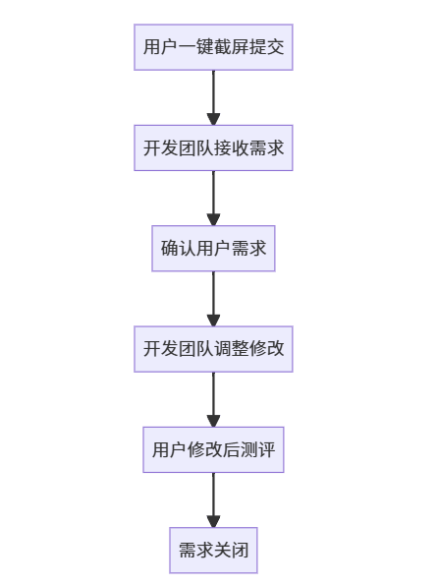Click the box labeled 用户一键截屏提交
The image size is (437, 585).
coord(213,47)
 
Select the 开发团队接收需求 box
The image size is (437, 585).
coord(213,147)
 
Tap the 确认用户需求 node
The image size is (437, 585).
coord(213,248)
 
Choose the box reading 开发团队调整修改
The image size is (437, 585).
coord(213,348)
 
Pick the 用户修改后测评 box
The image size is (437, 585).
coord(213,449)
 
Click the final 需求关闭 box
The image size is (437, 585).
coord(213,550)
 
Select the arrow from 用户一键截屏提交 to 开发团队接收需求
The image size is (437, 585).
coord(213,94)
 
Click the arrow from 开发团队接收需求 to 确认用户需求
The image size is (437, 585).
coord(213,195)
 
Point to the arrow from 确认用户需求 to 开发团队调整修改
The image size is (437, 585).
coord(213,295)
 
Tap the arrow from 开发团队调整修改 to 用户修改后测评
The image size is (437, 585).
coord(213,395)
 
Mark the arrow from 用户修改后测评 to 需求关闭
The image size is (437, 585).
coord(213,497)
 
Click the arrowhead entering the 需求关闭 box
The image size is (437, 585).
coord(213,521)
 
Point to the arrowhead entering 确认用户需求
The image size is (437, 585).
coord(213,219)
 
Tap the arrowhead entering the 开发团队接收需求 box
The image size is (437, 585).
coord(213,119)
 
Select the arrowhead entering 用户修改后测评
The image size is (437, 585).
coord(213,421)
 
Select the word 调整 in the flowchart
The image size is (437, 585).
coord(231,348)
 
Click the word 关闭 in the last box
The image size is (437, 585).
coord(231,550)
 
